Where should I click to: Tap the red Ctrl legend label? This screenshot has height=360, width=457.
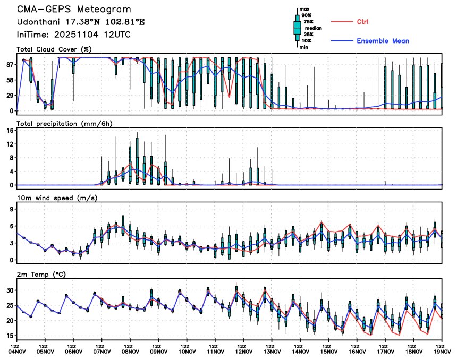click(363, 22)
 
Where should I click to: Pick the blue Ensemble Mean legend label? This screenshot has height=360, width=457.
click(383, 41)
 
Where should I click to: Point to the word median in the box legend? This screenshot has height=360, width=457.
click(313, 29)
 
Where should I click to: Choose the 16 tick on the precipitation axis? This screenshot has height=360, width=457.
click(9, 130)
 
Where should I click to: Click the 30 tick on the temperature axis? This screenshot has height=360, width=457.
click(9, 290)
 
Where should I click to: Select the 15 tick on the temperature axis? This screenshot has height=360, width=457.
click(9, 336)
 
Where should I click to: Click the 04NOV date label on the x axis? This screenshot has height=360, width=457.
click(17, 351)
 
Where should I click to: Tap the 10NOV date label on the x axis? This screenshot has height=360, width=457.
click(187, 351)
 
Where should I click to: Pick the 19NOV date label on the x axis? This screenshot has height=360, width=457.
click(442, 351)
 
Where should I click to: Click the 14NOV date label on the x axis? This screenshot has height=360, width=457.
click(300, 351)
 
